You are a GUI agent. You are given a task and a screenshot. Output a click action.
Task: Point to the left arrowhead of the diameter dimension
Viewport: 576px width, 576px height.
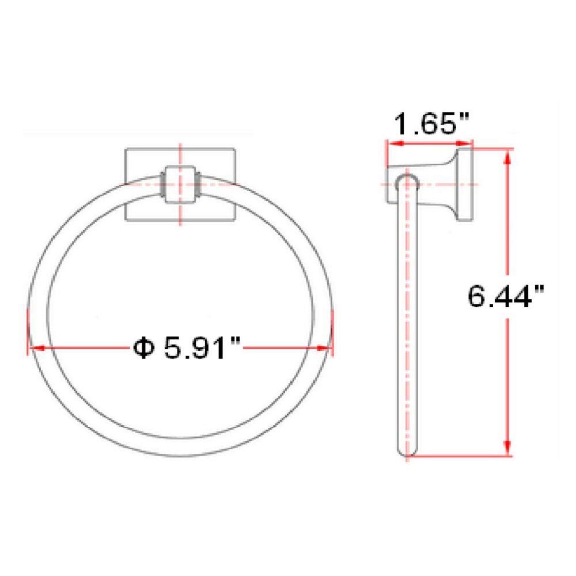pos(35,348)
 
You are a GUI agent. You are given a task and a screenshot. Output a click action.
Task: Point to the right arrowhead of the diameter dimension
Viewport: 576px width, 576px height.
pos(327,348)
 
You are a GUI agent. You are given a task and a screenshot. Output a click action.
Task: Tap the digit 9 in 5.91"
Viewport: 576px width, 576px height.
pos(202,347)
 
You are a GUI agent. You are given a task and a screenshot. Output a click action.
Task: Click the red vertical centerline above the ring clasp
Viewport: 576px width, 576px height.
pos(181,156)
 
